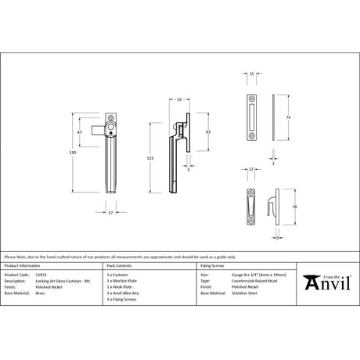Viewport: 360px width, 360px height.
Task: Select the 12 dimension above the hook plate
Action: (x=250, y=168)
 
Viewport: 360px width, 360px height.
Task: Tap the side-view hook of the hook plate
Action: (x=275, y=206)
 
